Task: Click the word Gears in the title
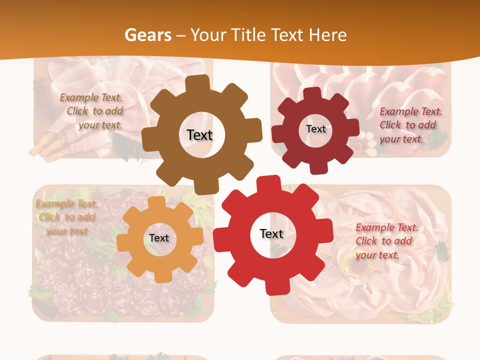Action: (x=147, y=35)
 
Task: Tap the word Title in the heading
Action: (x=248, y=35)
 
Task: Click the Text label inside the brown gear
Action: (x=199, y=135)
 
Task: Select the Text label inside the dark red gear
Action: (x=315, y=129)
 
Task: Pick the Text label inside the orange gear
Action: (x=159, y=238)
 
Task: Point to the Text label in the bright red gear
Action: (x=271, y=233)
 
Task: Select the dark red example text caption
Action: (x=410, y=125)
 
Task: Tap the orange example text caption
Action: (x=66, y=217)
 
